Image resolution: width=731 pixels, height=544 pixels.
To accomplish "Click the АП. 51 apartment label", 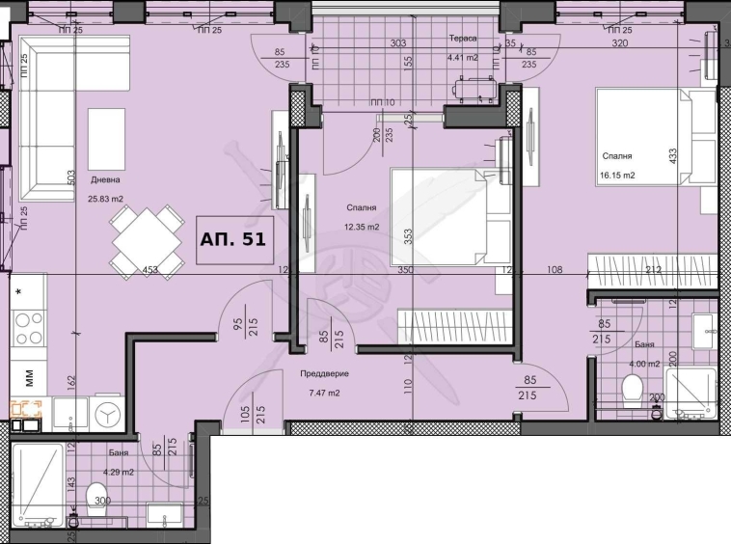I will pyautogui.click(x=231, y=236).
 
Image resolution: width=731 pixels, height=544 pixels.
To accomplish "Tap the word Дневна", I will pyautogui.click(x=106, y=179).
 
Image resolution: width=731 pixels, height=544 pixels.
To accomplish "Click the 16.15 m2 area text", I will pyautogui.click(x=617, y=176).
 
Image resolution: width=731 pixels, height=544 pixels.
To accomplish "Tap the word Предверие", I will pyautogui.click(x=323, y=373).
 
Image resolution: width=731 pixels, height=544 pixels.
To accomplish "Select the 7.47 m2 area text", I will pyautogui.click(x=324, y=393).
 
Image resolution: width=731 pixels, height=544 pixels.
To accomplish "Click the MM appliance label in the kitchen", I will pyautogui.click(x=28, y=375).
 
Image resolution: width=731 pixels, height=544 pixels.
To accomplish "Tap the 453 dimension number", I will pyautogui.click(x=149, y=271).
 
